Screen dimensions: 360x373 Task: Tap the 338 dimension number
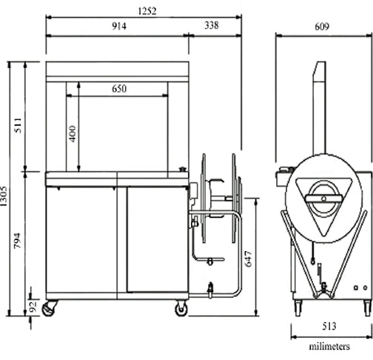click(211, 26)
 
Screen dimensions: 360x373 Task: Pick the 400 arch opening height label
click(73, 133)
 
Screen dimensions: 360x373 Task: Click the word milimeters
click(330, 345)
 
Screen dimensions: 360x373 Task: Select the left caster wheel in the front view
click(50, 307)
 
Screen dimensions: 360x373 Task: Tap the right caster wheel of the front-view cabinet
click(181, 307)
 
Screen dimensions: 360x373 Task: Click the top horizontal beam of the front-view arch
click(116, 72)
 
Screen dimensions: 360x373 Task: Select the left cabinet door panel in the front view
click(81, 241)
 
